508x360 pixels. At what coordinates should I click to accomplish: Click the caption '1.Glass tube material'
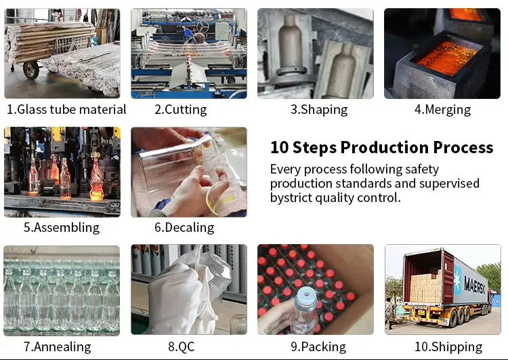(66, 109)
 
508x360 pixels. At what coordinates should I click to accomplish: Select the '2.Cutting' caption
(180, 109)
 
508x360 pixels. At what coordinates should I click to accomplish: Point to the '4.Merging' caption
(442, 109)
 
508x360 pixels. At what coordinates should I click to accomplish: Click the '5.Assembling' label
(61, 227)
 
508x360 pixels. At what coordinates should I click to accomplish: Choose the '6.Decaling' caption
(184, 227)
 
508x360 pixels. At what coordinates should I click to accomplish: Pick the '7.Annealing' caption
(57, 346)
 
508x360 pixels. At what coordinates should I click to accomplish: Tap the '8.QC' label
(181, 346)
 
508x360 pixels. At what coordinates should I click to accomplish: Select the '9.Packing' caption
(318, 346)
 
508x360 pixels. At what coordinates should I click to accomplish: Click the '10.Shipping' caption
(448, 346)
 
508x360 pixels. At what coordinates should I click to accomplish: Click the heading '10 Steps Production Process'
(381, 147)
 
